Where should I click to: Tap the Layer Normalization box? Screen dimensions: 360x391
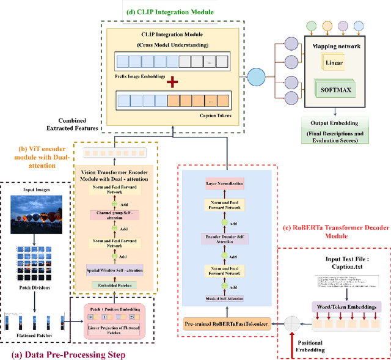tap(225, 183)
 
